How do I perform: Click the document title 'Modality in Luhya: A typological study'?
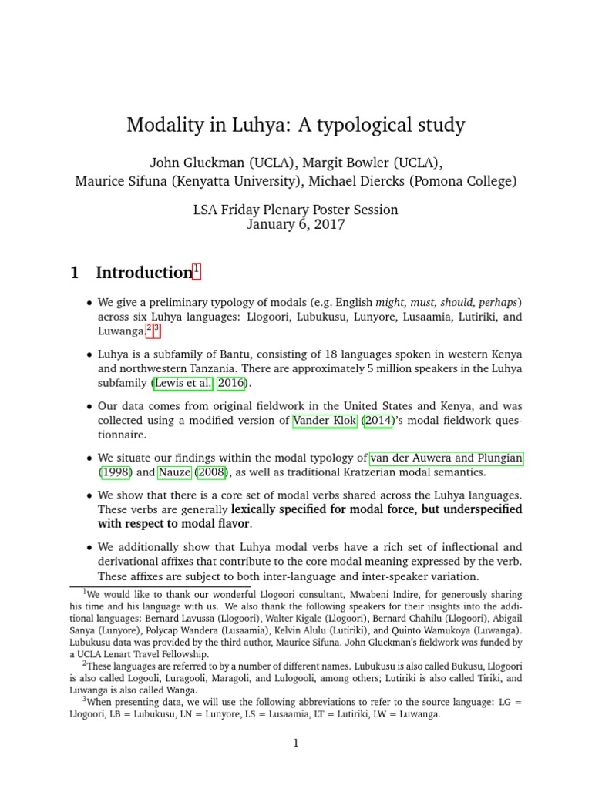(296, 125)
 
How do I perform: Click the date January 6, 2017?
(296, 225)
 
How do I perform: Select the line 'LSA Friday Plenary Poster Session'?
(296, 210)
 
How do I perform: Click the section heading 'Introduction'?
(143, 273)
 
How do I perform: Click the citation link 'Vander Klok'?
(325, 421)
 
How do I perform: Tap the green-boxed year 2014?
(379, 421)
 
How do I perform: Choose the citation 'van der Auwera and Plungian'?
(446, 458)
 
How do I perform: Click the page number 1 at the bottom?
(295, 743)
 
